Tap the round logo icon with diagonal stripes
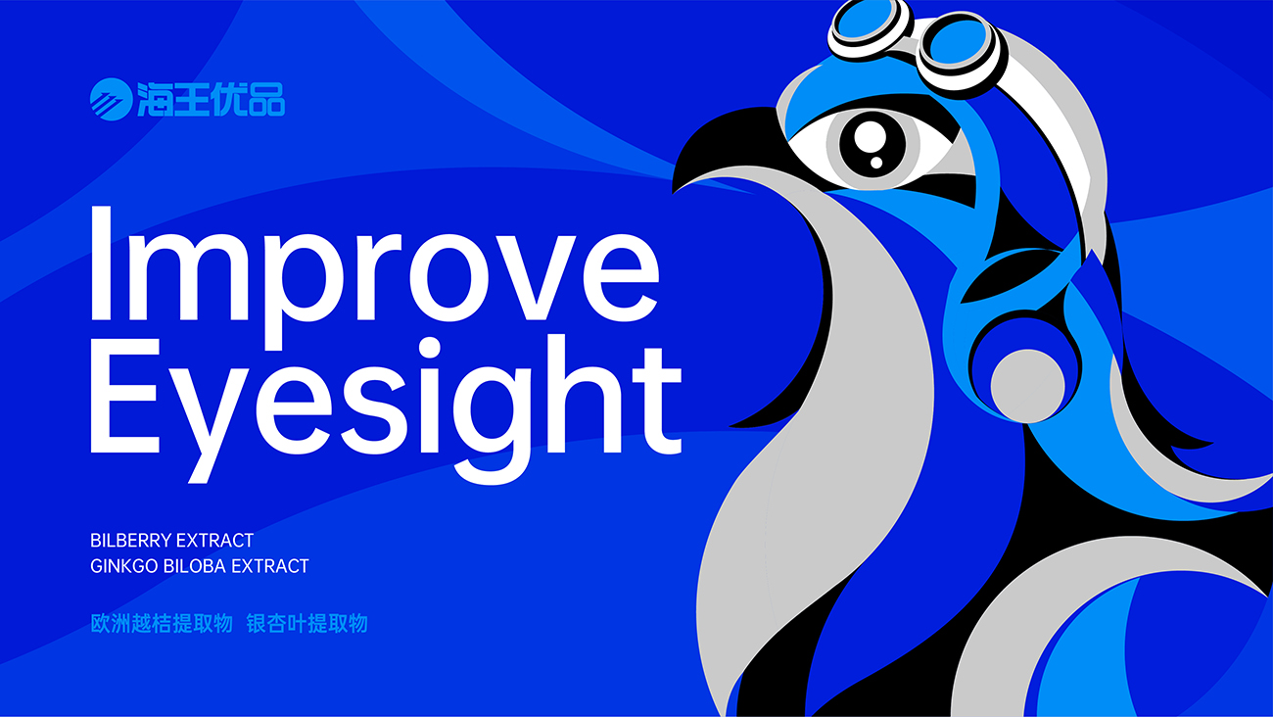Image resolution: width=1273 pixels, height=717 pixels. [112, 100]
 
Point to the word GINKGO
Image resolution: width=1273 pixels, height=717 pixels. [124, 566]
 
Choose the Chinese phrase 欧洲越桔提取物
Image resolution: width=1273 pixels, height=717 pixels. [162, 624]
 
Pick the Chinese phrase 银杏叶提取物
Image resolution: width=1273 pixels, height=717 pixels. [306, 624]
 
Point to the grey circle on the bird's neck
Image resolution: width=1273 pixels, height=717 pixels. [1027, 387]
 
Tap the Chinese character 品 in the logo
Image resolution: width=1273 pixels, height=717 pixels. [266, 100]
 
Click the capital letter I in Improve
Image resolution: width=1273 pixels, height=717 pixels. [101, 263]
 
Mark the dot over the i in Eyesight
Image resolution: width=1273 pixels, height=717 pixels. [430, 348]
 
